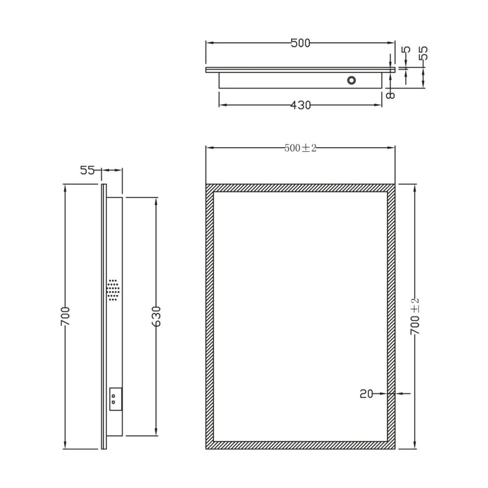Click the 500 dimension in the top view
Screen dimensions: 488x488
300,43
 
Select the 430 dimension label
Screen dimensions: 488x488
301,105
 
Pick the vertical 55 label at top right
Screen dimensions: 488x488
423,53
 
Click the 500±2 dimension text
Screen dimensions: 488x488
300,148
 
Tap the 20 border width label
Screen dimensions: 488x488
366,394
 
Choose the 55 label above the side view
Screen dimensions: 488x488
87,170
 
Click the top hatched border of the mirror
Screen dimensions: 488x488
300,188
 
